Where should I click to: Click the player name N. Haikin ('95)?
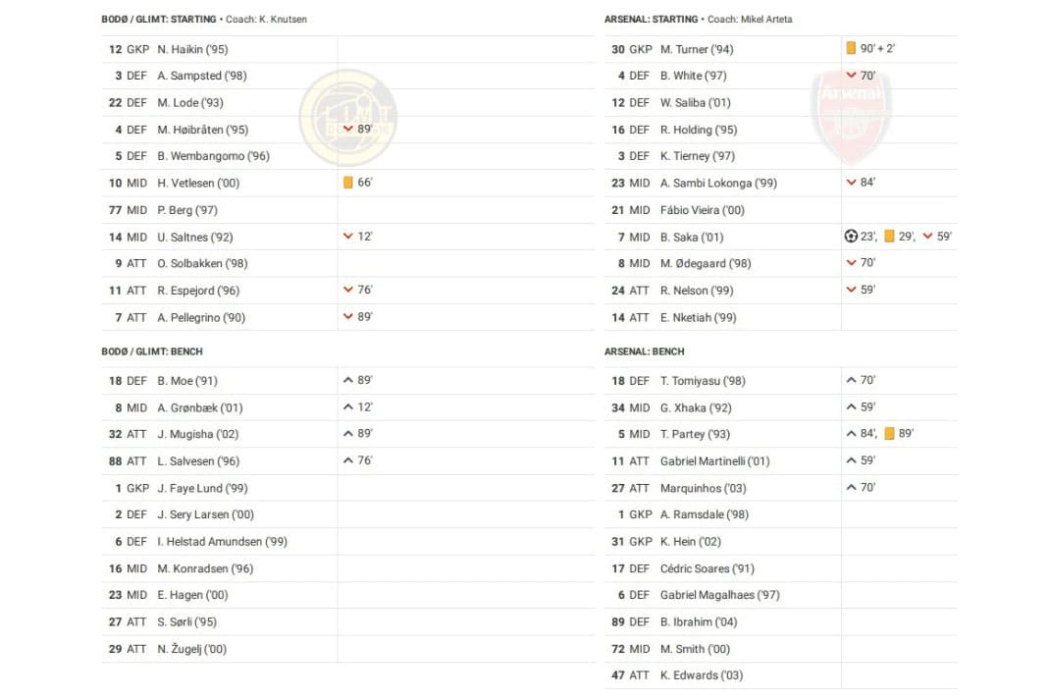(192, 49)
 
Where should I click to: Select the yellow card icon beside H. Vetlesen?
(347, 183)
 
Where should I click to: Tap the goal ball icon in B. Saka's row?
(851, 237)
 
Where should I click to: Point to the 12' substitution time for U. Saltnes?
(365, 237)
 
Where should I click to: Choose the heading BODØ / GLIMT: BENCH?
(152, 351)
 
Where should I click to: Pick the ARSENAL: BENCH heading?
(645, 351)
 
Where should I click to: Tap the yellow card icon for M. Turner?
(851, 48)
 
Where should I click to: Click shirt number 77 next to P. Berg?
(115, 210)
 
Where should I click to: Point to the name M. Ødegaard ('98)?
(706, 263)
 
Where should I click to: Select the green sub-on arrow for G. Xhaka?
(851, 406)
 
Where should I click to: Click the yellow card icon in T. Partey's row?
(889, 434)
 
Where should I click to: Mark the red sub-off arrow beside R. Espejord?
(347, 290)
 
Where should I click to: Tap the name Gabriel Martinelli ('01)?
(714, 460)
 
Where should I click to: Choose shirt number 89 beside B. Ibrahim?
(617, 621)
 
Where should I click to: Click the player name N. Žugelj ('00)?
(192, 649)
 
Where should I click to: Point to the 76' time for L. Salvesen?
(365, 460)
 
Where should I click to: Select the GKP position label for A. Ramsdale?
(641, 514)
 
